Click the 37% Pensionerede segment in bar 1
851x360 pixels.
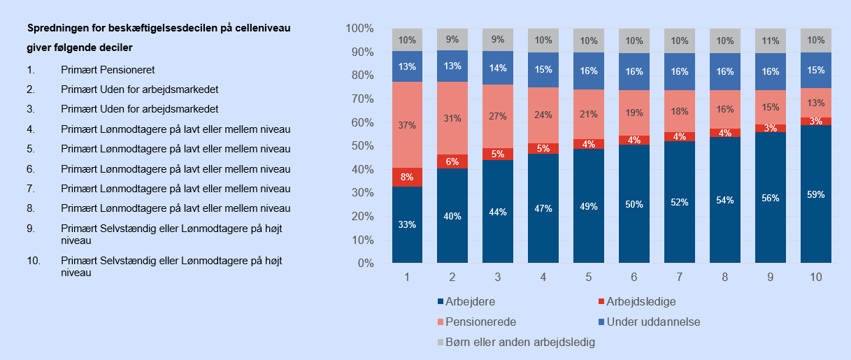pyautogui.click(x=407, y=125)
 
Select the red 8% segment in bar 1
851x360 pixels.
pyautogui.click(x=407, y=178)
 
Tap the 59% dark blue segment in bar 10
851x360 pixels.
pyautogui.click(x=815, y=194)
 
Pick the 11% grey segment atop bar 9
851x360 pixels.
pyautogui.click(x=770, y=41)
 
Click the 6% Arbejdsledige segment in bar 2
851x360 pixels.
pyautogui.click(x=452, y=161)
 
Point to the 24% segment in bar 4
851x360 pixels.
pyautogui.click(x=543, y=115)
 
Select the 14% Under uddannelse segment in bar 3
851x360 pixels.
pyautogui.click(x=498, y=69)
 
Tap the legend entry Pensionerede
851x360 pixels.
pyautogui.click(x=480, y=322)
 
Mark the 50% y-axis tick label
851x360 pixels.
pyautogui.click(x=362, y=146)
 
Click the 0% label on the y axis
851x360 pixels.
pyautogui.click(x=366, y=264)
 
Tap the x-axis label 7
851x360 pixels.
pyautogui.click(x=679, y=278)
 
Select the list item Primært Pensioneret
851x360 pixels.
pyautogui.click(x=108, y=70)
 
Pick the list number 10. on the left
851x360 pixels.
pyautogui.click(x=33, y=260)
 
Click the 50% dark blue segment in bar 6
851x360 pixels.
pyautogui.click(x=634, y=204)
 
